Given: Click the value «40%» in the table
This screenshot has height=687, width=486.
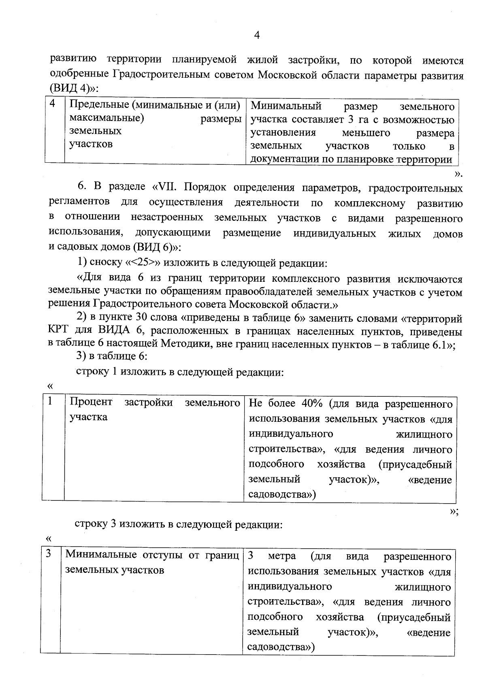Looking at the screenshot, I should (x=312, y=404).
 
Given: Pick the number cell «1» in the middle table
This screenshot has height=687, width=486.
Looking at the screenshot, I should (x=50, y=402).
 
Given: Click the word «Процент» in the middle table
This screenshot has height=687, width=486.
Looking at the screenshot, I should (x=91, y=402).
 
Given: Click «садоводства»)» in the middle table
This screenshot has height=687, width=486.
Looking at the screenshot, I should (x=282, y=495).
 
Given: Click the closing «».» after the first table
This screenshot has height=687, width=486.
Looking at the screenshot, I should (x=458, y=174).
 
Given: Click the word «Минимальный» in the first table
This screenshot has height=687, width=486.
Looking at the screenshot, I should (x=286, y=106).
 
